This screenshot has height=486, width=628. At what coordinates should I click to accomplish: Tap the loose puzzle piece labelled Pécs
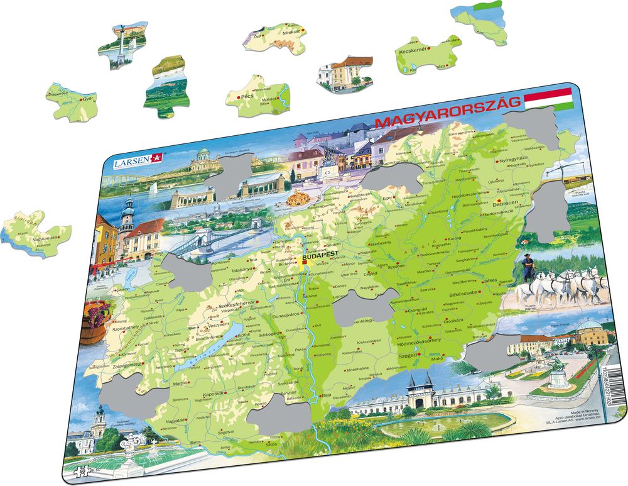pyautogui.click(x=257, y=96)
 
